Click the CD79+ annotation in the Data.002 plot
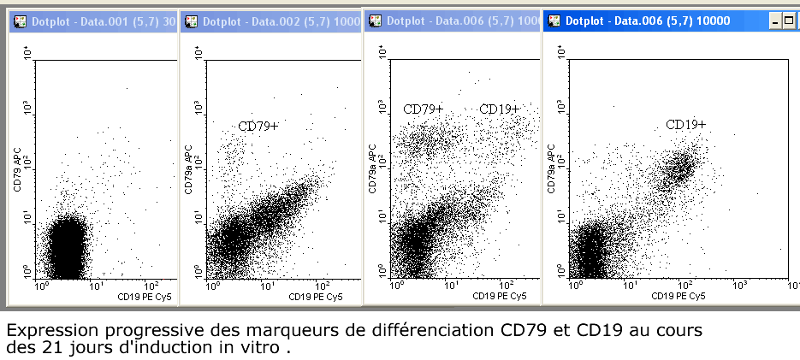click(258, 127)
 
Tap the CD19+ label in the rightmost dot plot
click(686, 126)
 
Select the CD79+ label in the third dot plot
click(424, 109)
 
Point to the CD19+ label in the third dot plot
click(499, 109)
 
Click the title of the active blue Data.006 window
click(648, 21)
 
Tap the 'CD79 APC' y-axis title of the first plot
click(18, 168)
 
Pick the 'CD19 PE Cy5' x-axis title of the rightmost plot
click(679, 296)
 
